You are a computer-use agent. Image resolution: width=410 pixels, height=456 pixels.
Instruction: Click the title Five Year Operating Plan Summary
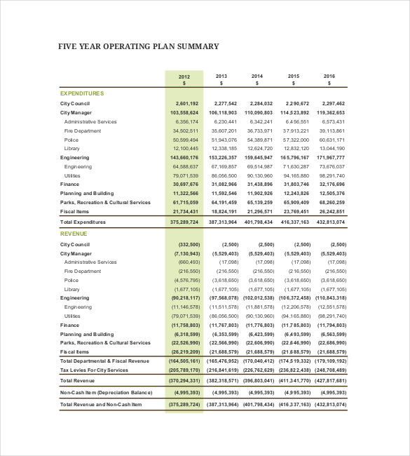(138, 47)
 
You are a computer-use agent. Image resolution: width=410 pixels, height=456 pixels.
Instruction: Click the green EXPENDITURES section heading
(82, 93)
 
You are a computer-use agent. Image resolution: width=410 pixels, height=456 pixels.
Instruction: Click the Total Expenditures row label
(83, 222)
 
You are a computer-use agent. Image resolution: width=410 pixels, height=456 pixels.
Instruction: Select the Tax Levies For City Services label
(94, 370)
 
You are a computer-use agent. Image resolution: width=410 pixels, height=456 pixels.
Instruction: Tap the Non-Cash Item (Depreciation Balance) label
(106, 392)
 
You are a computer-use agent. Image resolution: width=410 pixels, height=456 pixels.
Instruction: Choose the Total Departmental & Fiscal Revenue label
(104, 361)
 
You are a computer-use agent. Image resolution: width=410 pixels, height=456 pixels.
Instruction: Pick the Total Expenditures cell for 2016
(331, 222)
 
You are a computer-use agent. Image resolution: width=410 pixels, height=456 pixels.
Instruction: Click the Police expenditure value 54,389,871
(259, 140)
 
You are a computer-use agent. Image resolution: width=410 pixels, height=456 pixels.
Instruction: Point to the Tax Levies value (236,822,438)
(294, 370)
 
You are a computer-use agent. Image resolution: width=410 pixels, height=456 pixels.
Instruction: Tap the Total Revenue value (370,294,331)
(184, 380)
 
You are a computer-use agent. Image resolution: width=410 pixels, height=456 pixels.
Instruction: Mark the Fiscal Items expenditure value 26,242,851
(331, 211)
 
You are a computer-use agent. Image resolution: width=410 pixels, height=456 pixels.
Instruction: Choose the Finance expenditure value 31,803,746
(295, 185)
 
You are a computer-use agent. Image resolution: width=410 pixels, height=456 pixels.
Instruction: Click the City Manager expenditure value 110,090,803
(259, 112)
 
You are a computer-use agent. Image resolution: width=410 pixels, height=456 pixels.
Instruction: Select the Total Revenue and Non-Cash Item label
(101, 405)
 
